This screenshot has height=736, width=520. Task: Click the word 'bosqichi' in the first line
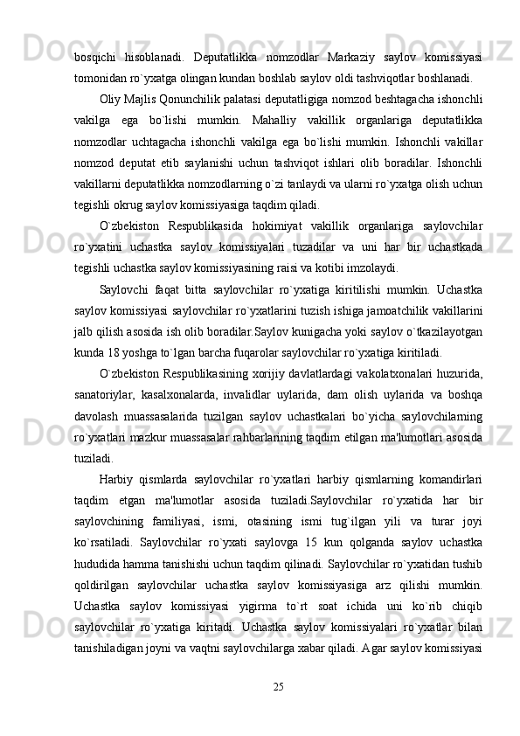click(96, 58)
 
